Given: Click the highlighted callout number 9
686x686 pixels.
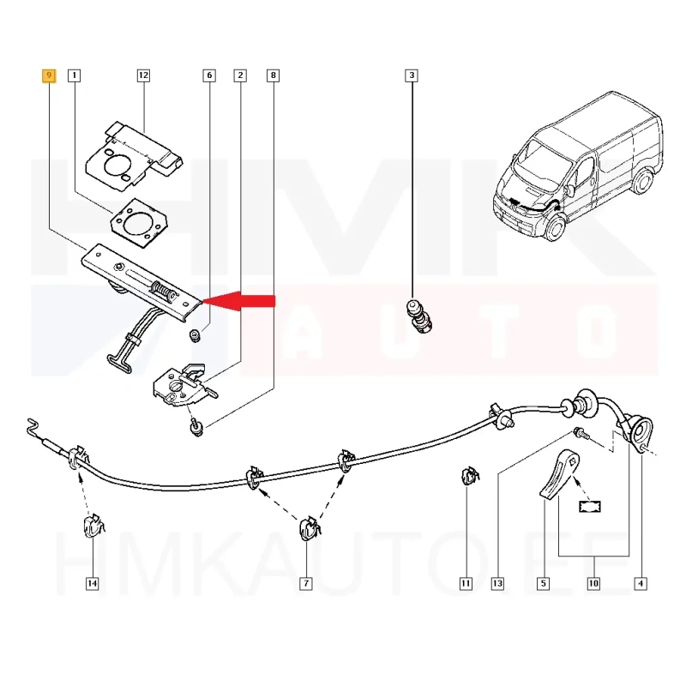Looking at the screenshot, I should tap(49, 75).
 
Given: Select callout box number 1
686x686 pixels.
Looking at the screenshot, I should tap(75, 75).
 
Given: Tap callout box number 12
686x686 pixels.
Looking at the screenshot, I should tap(143, 75).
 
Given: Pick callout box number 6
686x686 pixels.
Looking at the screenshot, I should tap(208, 75).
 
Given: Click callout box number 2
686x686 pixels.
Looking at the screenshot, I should tap(240, 75).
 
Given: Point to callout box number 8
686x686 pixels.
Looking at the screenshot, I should tap(273, 75).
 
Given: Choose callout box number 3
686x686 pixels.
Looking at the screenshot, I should tap(412, 75).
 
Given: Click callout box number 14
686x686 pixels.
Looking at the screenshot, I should tap(92, 584).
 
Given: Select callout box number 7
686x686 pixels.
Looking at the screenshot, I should tap(305, 584).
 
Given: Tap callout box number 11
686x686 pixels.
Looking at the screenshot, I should tap(466, 584).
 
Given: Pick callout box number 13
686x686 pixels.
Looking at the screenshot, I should tap(496, 584).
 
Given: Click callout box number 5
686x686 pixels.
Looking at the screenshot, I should tap(543, 584).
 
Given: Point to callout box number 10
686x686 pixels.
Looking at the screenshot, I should tap(593, 584).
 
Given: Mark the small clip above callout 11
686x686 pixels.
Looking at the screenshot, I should tap(468, 473).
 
